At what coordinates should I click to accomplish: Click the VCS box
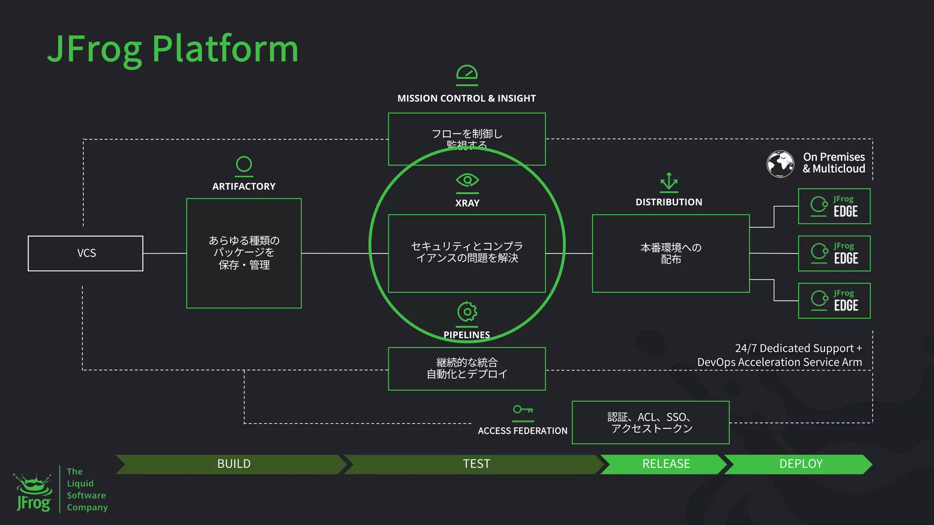tap(86, 253)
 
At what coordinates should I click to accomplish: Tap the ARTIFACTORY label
tap(244, 186)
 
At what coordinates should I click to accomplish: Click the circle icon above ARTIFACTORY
tap(244, 165)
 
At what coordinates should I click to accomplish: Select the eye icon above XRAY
tap(467, 180)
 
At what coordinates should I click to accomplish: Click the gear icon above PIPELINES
tap(467, 312)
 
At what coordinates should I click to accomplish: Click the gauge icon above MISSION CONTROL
tap(467, 73)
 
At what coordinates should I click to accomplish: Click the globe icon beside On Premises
tap(780, 164)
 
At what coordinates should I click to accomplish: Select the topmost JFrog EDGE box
tap(834, 206)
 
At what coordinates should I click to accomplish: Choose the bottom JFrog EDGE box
tap(834, 301)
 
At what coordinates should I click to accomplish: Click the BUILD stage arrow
tap(233, 464)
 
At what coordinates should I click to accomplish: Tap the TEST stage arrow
tap(476, 464)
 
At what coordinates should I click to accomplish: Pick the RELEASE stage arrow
tap(666, 464)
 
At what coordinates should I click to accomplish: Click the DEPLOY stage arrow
tap(800, 464)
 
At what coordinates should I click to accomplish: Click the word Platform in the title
tap(225, 49)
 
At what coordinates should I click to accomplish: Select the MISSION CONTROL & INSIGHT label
tap(467, 98)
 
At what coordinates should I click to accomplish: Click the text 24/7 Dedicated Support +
tap(798, 348)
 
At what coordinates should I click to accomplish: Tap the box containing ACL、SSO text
tap(651, 422)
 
